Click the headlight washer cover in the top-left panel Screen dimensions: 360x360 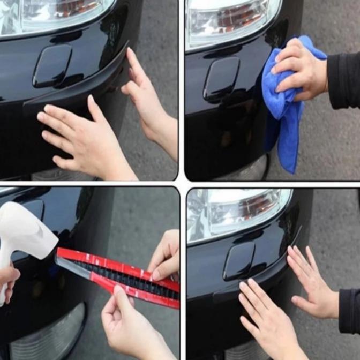pos(51,66)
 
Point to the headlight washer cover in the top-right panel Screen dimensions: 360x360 pos(221,79)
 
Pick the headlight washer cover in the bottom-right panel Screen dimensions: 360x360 pos(239,261)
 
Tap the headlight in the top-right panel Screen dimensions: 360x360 pos(230,21)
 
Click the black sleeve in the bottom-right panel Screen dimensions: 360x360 pos(349,311)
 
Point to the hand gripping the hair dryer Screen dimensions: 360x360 pos(8,279)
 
